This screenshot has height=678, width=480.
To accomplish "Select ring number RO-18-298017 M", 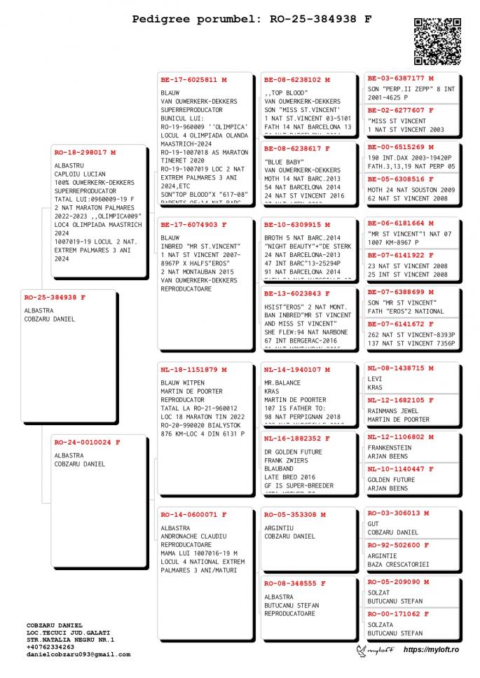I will click(85, 152).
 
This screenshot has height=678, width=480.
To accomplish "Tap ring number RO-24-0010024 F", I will click(87, 442).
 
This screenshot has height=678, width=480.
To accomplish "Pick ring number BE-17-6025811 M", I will click(193, 80).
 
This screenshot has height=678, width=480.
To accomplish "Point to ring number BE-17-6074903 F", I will click(193, 225).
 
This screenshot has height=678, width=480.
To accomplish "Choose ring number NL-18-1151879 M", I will click(193, 369).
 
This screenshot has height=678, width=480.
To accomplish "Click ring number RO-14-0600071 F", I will click(193, 515).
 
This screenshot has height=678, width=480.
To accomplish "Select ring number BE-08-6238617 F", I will click(297, 148).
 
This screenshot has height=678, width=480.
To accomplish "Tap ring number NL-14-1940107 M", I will click(297, 369).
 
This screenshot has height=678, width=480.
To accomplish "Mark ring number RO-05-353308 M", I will click(295, 515).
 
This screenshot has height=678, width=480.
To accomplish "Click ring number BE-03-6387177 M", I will click(401, 78).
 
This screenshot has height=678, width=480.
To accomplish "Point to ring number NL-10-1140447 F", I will click(401, 469).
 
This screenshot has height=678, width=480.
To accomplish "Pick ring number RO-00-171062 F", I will click(399, 614).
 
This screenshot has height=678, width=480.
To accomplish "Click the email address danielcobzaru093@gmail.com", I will click(78, 654).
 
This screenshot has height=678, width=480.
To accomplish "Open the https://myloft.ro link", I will click(431, 650).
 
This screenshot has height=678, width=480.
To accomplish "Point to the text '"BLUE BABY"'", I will click(284, 162).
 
